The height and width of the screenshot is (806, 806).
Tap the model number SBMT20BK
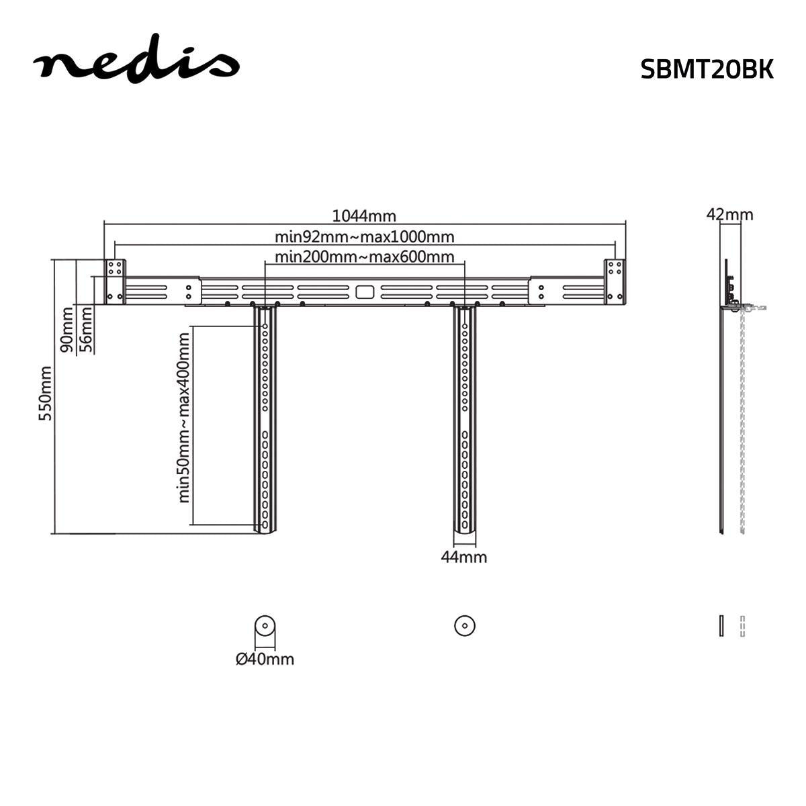pos(707,69)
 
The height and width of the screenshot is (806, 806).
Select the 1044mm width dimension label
pos(365,216)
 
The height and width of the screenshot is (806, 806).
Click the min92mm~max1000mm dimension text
pos(365,236)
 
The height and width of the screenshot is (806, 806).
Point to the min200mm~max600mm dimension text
pos(365,257)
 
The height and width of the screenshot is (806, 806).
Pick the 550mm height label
pos(45,393)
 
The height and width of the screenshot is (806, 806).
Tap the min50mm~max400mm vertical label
pos(183,418)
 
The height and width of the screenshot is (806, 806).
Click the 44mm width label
pos(463,557)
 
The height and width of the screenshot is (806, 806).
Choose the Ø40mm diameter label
pos(265,659)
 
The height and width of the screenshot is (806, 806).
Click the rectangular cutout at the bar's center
pos(364,292)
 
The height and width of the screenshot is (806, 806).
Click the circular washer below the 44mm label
pos(464,625)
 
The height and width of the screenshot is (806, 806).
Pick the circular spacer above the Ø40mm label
pos(265,625)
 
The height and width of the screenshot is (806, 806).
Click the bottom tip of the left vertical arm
pos(265,530)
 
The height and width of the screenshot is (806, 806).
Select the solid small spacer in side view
pos(721,625)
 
